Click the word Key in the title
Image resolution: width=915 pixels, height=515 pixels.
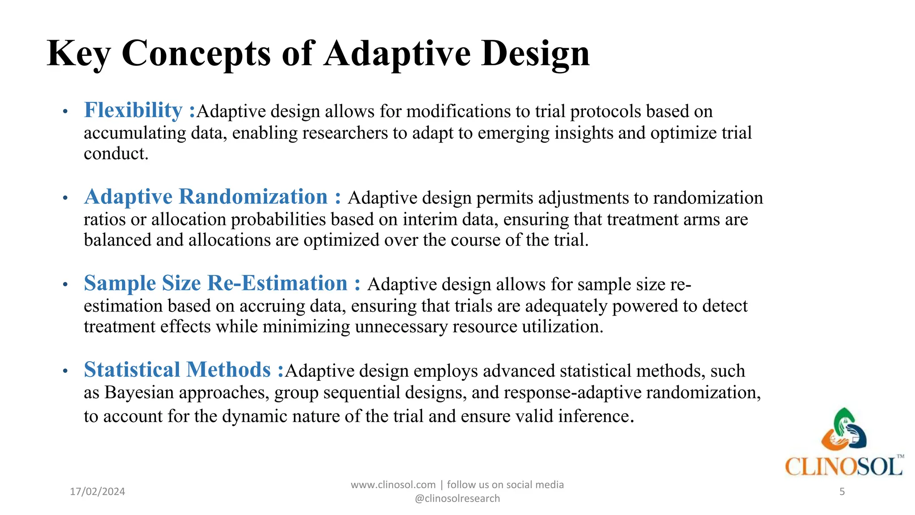click(79, 54)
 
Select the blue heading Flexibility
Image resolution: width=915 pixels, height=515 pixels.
click(133, 110)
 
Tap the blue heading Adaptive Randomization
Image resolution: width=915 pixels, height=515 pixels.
click(206, 197)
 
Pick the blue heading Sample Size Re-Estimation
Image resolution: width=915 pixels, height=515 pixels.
click(215, 283)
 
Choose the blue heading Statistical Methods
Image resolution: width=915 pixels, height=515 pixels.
click(177, 370)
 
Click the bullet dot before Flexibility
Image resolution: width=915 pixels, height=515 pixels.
click(65, 111)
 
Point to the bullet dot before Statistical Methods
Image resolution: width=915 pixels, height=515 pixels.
click(65, 371)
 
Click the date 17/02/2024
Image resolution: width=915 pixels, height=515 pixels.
click(97, 491)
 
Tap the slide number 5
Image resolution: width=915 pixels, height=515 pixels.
click(842, 492)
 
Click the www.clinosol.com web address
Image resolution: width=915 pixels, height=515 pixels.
click(393, 485)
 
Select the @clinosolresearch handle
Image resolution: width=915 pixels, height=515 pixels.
click(457, 498)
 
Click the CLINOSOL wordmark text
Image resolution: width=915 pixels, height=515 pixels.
click(844, 467)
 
